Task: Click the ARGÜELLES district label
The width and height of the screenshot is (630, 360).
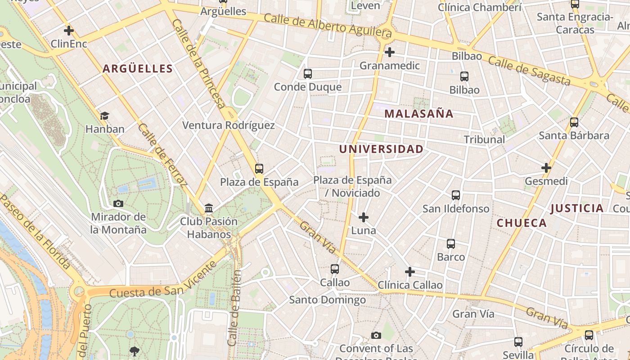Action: coord(138,68)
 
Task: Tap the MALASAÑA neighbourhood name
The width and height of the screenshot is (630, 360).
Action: coord(419,114)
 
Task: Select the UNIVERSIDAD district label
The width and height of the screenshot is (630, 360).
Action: coord(381,149)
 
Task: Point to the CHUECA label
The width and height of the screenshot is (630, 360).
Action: coord(522,223)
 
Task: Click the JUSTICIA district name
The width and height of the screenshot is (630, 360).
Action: coord(577,208)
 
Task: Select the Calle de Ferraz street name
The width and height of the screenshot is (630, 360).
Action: coord(162,155)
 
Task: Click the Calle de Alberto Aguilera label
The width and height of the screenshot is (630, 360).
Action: coord(328,26)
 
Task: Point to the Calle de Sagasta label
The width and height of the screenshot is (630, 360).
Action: coord(529,71)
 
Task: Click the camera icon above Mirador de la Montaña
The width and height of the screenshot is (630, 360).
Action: coord(118,204)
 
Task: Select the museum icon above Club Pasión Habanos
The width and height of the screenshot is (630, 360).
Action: coord(209,208)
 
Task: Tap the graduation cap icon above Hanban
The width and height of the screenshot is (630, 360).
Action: coord(104,116)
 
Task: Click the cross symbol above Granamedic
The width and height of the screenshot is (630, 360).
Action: coord(390,53)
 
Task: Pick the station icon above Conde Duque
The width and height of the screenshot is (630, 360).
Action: coord(308,74)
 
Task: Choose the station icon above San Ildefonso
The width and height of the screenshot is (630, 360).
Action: coord(456,195)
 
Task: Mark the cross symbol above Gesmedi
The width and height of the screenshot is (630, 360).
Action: coord(546,168)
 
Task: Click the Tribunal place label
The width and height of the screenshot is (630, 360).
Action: coord(484,139)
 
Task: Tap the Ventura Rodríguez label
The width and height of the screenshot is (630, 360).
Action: coord(228,125)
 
